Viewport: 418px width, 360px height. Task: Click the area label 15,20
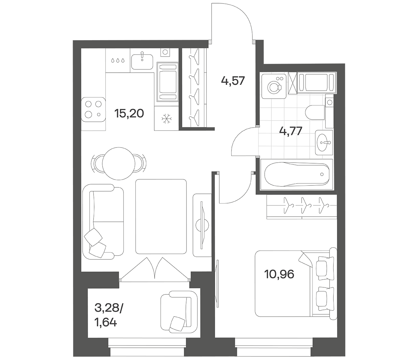(129, 113)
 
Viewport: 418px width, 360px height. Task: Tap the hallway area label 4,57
(233, 81)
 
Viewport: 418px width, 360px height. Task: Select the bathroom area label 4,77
(291, 131)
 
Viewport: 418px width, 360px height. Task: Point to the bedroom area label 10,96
(279, 274)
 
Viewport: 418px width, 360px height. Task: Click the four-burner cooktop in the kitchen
(94, 110)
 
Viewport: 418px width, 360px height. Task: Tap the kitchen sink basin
(142, 62)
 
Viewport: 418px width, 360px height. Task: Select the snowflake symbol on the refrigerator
(167, 119)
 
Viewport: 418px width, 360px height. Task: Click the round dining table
(119, 163)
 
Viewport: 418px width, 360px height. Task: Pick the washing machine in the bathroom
(274, 86)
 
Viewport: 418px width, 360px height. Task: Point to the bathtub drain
(322, 174)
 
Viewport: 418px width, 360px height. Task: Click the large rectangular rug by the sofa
(161, 216)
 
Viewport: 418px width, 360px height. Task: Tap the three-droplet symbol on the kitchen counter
(118, 60)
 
